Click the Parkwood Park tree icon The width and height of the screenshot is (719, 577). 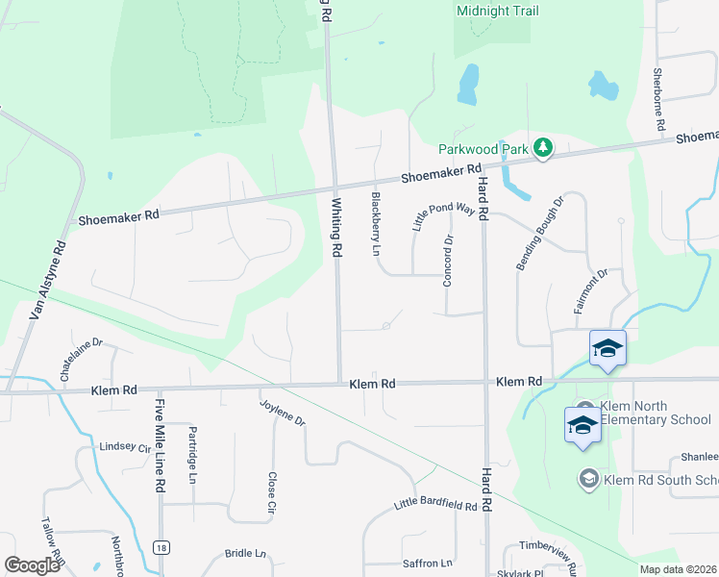pos(545,147)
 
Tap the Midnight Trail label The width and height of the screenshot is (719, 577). pos(498,12)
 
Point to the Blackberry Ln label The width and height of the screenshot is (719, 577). pos(376,224)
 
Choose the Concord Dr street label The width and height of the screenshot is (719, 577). pos(447,260)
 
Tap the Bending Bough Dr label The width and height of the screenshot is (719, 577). pos(538,232)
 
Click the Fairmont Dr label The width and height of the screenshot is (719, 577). pos(591,291)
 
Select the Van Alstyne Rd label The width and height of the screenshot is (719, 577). pos(49,279)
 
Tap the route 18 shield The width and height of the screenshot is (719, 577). pos(161,547)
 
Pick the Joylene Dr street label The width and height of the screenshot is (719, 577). pos(283,413)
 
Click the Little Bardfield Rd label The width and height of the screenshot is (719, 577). pos(435,505)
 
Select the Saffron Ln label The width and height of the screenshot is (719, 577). pos(433,563)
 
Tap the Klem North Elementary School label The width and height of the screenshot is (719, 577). pos(656,413)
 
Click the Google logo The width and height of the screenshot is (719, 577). pos(32,565)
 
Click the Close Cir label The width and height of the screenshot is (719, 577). pos(272,490)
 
